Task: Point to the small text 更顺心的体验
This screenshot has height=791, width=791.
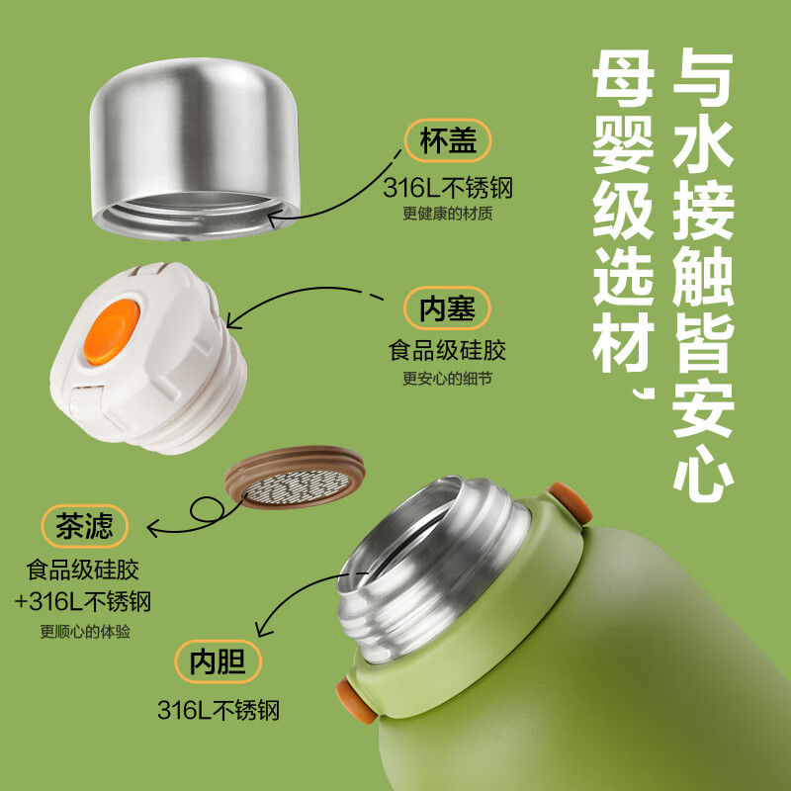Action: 88,633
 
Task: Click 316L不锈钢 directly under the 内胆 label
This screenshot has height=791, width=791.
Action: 220,710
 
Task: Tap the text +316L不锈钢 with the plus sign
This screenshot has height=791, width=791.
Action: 88,601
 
